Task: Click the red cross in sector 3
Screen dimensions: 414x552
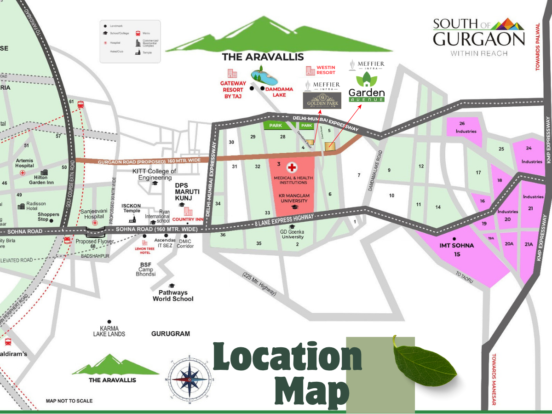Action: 292,167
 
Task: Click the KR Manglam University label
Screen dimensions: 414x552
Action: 293,198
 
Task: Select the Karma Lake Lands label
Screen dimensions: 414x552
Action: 109,331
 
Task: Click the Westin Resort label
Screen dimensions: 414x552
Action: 326,70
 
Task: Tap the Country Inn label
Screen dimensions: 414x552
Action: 188,219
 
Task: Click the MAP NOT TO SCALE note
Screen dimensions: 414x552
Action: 69,401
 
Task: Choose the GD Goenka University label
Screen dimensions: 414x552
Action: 292,234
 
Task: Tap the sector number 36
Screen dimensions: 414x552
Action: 223,235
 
